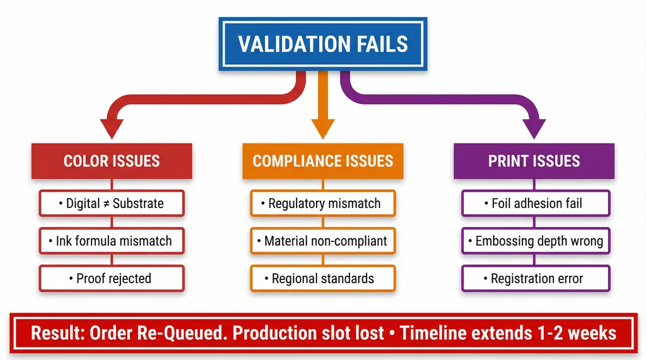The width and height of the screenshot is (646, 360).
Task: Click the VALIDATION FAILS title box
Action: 322,44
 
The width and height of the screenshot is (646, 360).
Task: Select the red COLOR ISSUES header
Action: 112,161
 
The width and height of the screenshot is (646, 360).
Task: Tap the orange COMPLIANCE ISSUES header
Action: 322,161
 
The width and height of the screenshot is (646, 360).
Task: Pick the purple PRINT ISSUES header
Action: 534,161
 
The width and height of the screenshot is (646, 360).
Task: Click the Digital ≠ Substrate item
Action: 112,204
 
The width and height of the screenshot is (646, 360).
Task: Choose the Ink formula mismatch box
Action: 112,241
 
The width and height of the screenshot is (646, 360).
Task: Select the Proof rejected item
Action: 112,278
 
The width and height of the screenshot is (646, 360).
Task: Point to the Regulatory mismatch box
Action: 322,204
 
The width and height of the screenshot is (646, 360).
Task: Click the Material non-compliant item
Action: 322,241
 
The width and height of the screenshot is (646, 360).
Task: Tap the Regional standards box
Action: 322,278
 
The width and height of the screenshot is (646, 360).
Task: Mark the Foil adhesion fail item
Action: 536,204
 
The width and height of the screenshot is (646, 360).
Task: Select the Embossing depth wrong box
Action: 536,241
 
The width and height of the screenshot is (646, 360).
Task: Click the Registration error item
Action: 536,278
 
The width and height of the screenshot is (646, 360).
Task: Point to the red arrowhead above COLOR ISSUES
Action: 112,128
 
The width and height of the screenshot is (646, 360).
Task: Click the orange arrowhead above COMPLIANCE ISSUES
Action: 322,128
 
